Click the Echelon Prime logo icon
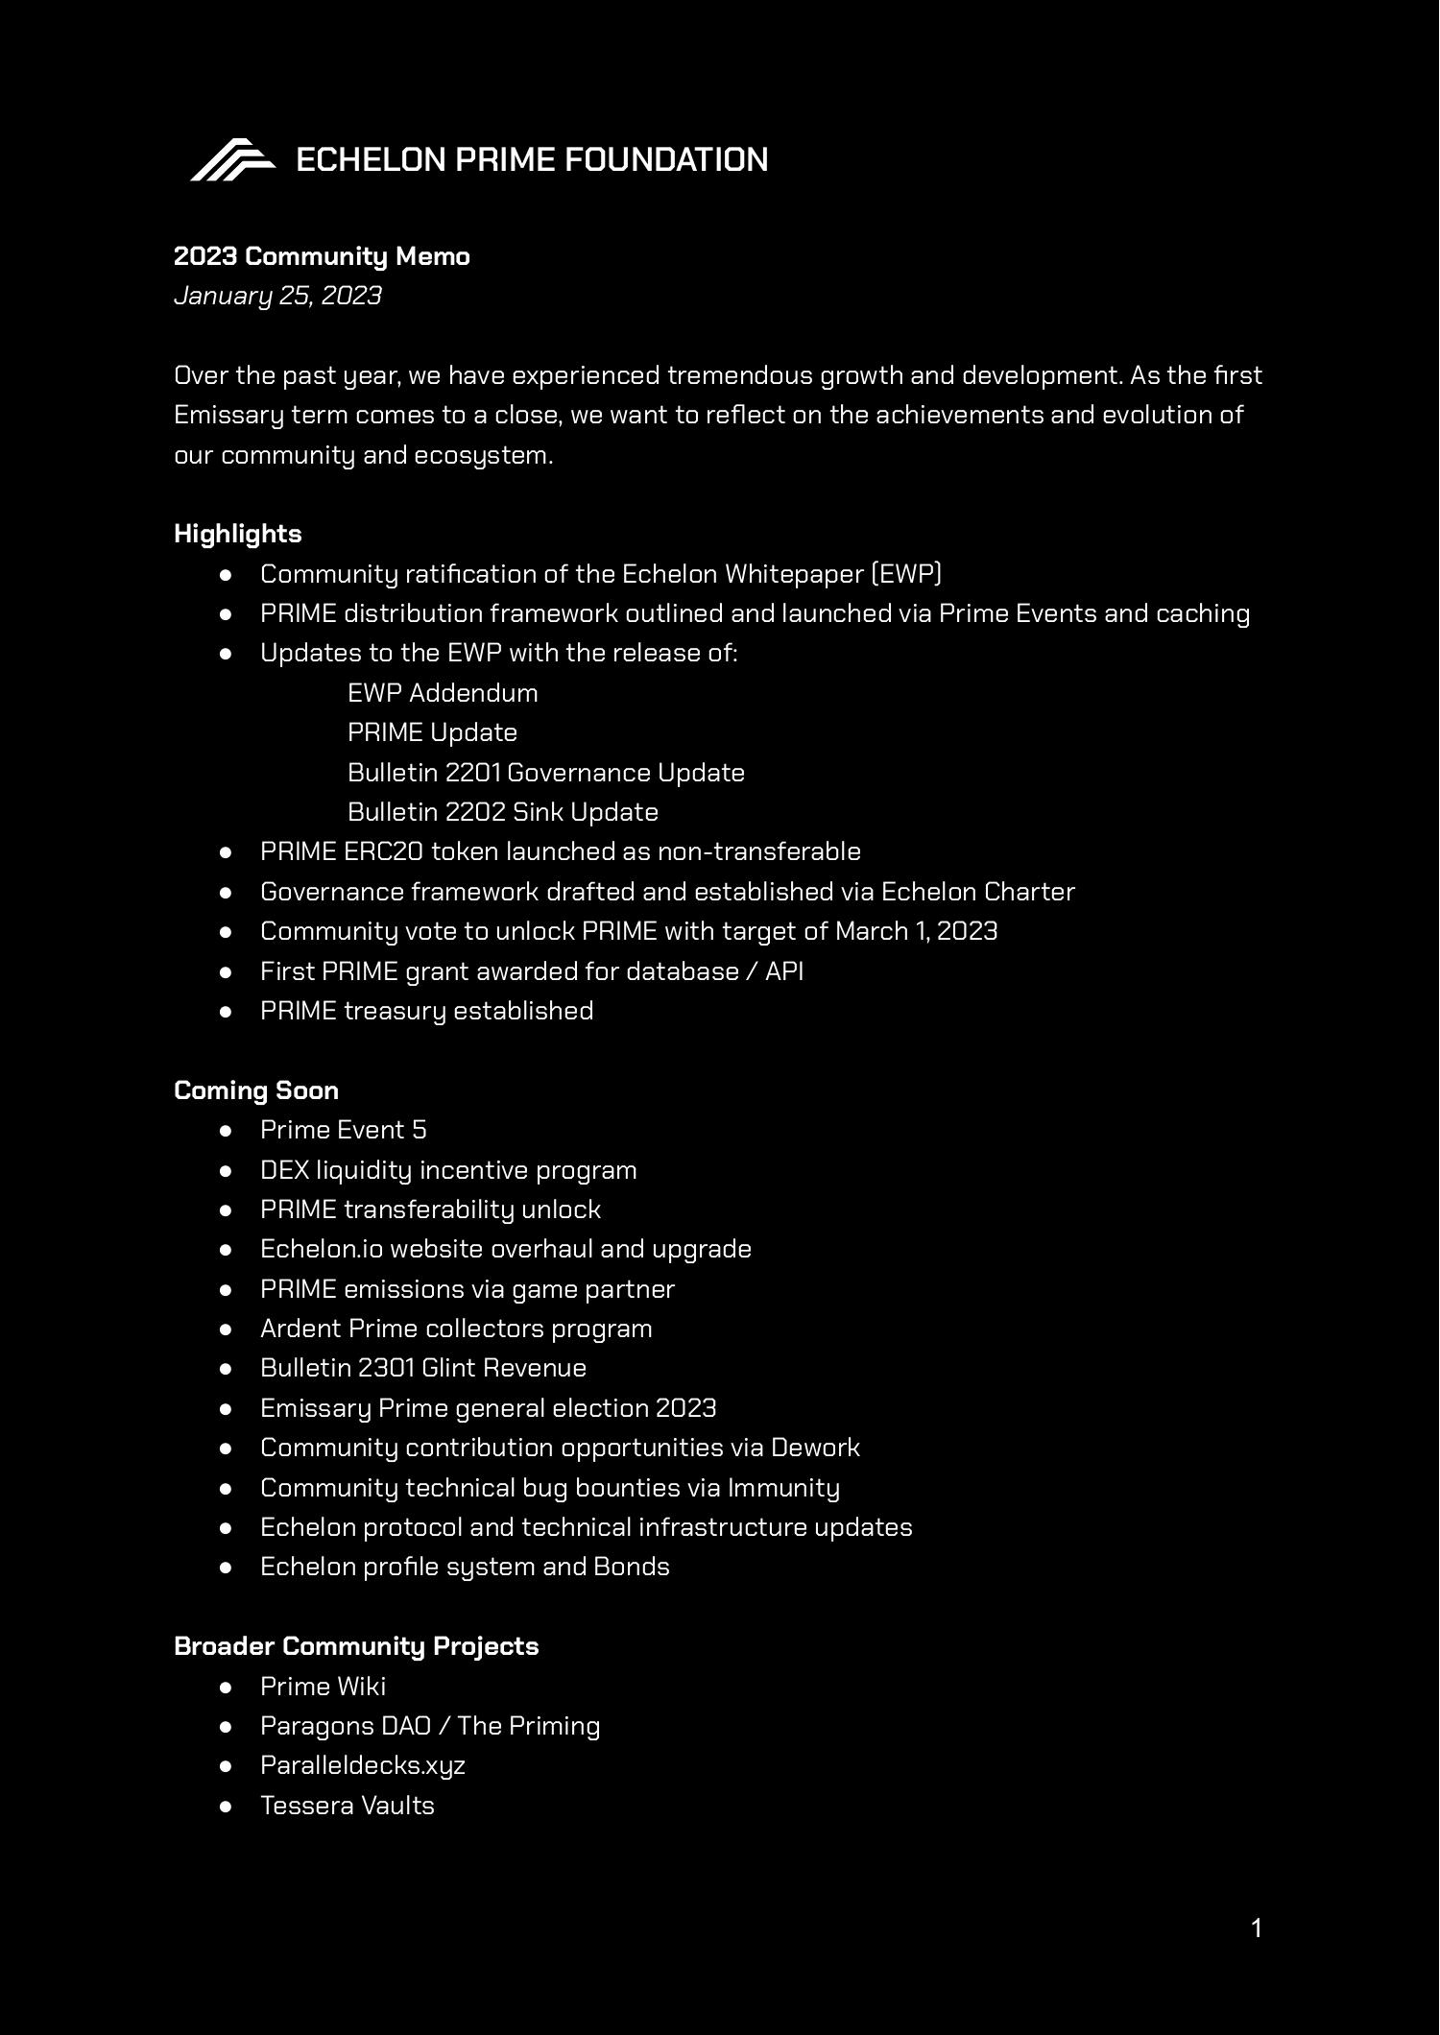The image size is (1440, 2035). coord(232,159)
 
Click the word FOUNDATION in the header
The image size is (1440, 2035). coord(665,159)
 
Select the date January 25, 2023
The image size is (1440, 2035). coord(277,296)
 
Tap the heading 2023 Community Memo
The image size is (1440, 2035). coord(322,256)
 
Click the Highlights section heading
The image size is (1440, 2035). coord(237,534)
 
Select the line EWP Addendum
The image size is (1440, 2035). coord(443,693)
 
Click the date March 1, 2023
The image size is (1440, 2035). coord(916,931)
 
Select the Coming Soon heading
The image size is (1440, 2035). coord(255,1090)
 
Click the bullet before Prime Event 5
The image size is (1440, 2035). coord(227,1131)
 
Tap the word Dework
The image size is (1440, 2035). coord(815,1448)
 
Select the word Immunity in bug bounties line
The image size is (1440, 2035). coord(783,1488)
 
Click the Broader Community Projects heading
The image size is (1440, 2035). coord(356,1646)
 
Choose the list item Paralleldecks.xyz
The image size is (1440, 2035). coord(362,1765)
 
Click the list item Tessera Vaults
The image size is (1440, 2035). coord(347,1806)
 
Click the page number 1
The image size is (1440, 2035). coord(1257,1928)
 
